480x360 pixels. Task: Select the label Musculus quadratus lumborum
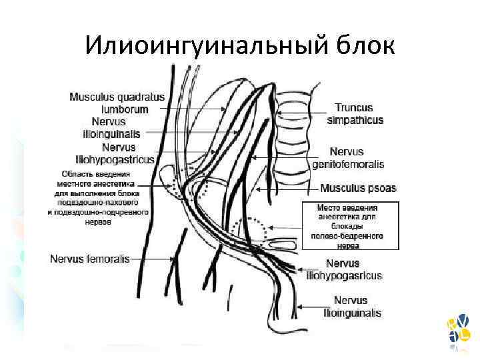117,103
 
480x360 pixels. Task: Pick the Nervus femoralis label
90,259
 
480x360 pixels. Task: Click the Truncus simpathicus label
355,113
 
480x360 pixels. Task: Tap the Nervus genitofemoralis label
348,158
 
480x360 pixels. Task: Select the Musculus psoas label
358,189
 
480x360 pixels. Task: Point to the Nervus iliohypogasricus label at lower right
343,269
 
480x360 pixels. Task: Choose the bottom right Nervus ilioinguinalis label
352,307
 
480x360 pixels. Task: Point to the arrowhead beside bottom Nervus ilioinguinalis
298,307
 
